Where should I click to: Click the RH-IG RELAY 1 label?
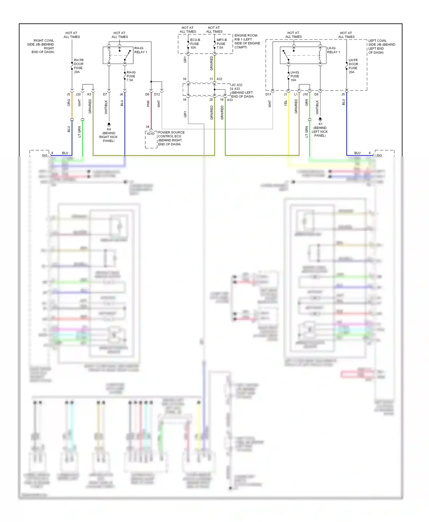(141, 50)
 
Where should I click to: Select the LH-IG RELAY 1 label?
(333, 50)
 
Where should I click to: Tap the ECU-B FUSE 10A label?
(195, 44)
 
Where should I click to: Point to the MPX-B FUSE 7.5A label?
(221, 44)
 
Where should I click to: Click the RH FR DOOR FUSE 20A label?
(79, 66)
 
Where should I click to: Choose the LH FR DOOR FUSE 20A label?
(353, 66)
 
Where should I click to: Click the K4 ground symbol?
(109, 125)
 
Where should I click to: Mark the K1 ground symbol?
(320, 119)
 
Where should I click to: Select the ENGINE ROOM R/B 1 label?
(247, 41)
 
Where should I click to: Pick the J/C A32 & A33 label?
(242, 91)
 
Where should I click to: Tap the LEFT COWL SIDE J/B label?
(382, 47)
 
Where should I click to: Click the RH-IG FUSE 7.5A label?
(131, 76)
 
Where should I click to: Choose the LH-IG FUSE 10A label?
(295, 76)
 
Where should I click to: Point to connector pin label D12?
(157, 95)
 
